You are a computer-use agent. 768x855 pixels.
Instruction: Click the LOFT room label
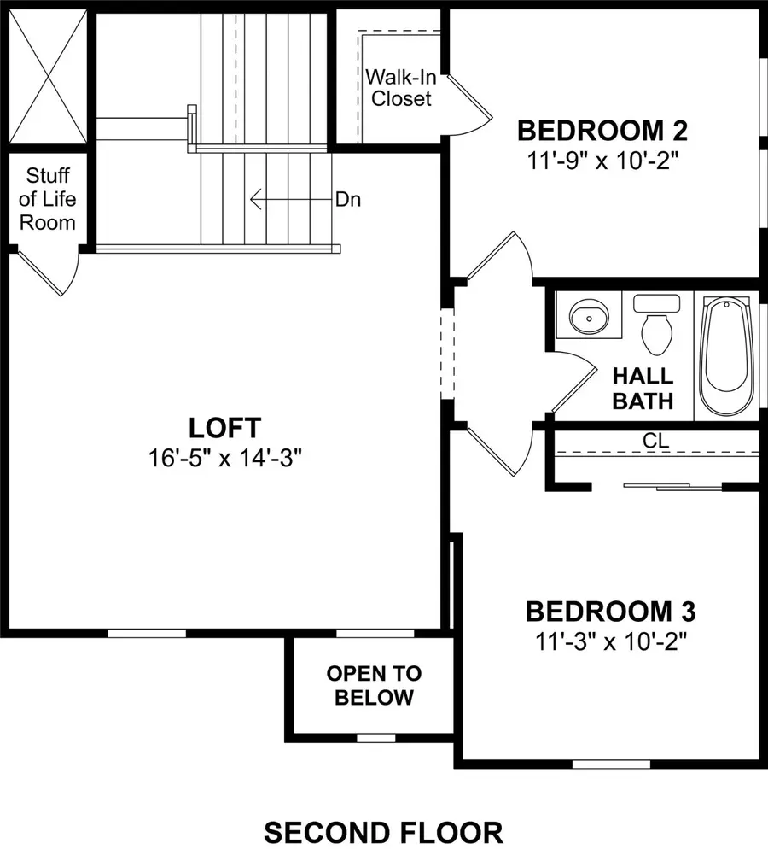coord(225,426)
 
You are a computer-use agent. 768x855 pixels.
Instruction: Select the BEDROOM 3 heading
coord(610,612)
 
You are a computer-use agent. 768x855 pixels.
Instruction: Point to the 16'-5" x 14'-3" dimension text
coord(225,457)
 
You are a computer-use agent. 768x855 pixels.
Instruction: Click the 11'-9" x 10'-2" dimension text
coord(603,160)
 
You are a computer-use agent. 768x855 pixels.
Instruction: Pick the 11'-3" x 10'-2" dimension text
coord(610,641)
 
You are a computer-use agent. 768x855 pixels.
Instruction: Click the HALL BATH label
coord(643,388)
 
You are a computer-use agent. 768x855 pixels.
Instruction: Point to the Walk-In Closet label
coord(399,87)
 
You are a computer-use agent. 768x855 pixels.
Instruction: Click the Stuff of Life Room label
coord(48,200)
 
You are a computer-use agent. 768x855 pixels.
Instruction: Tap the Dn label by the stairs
coord(347,200)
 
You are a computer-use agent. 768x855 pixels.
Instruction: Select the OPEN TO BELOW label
coord(374,685)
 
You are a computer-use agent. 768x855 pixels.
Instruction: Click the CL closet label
coord(655,441)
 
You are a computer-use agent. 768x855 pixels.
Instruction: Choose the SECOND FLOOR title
coord(383,831)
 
